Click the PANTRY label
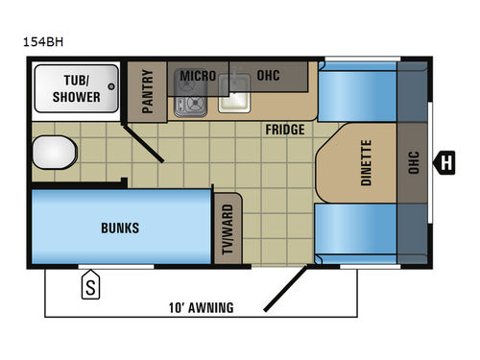point(148,92)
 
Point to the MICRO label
point(197,76)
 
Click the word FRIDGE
point(286,129)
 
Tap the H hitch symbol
point(446,162)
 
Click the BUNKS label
point(120,228)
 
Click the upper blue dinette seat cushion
point(354,97)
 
